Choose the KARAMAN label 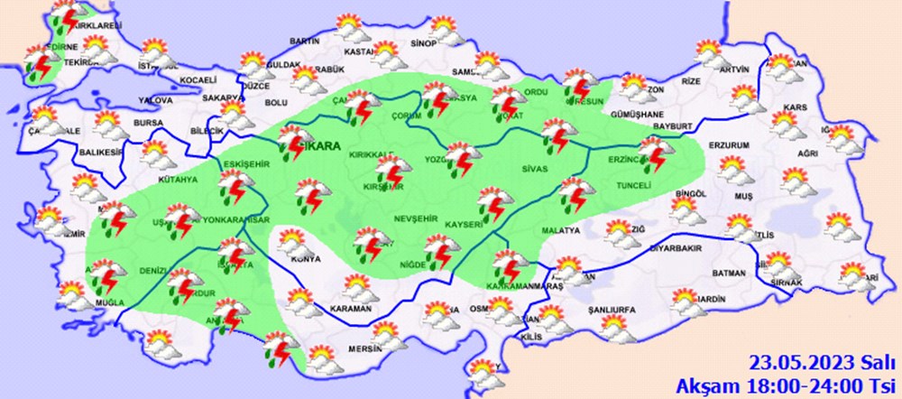352,309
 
